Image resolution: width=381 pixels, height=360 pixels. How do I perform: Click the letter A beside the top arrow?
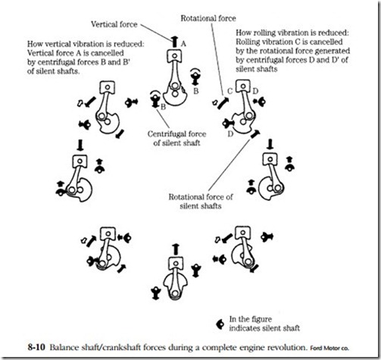tap(183, 44)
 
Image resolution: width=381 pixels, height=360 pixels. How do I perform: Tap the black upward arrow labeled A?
tap(174, 42)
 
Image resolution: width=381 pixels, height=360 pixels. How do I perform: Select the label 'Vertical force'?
tap(114, 24)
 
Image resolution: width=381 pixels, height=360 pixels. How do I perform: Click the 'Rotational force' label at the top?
tap(208, 18)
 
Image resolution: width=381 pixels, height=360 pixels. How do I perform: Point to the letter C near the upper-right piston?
tap(230, 91)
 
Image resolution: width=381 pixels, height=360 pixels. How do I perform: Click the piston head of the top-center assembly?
tap(174, 56)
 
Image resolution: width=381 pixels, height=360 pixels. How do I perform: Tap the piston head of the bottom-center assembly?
tap(176, 264)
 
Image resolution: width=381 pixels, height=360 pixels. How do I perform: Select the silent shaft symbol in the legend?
tap(220, 324)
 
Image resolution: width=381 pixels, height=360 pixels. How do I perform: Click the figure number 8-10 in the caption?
tap(36, 347)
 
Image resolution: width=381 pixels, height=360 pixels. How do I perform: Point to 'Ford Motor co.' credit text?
tap(329, 348)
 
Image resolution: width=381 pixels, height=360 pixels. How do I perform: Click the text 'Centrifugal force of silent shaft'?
tap(176, 139)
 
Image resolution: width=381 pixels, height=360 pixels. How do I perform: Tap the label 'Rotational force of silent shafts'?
tap(201, 202)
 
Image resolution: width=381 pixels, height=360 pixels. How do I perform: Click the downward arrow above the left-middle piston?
tap(80, 145)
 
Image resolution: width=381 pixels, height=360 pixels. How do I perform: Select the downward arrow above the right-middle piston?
tap(270, 144)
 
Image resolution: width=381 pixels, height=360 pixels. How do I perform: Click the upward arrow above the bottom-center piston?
tap(176, 249)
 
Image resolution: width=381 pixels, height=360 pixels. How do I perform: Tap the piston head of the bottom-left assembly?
tap(108, 234)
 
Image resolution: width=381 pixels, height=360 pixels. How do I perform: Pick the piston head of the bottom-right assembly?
tap(243, 233)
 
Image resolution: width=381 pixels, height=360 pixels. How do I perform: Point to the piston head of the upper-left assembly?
tap(108, 88)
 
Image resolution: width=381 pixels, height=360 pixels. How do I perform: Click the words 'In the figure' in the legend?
tap(251, 319)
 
